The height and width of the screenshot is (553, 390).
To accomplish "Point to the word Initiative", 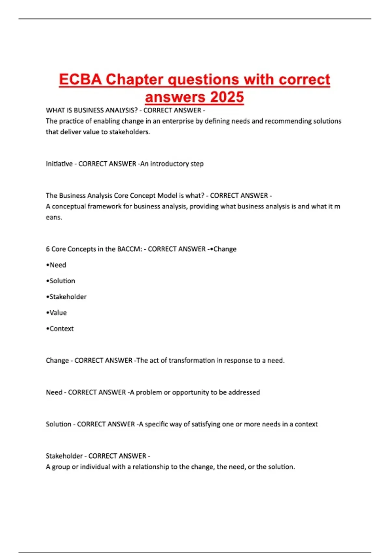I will (59, 164).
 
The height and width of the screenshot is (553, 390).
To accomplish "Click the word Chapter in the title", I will (134, 80).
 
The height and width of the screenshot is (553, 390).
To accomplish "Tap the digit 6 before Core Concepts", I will (48, 249).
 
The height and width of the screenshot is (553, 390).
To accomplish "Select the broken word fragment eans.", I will (54, 218).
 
